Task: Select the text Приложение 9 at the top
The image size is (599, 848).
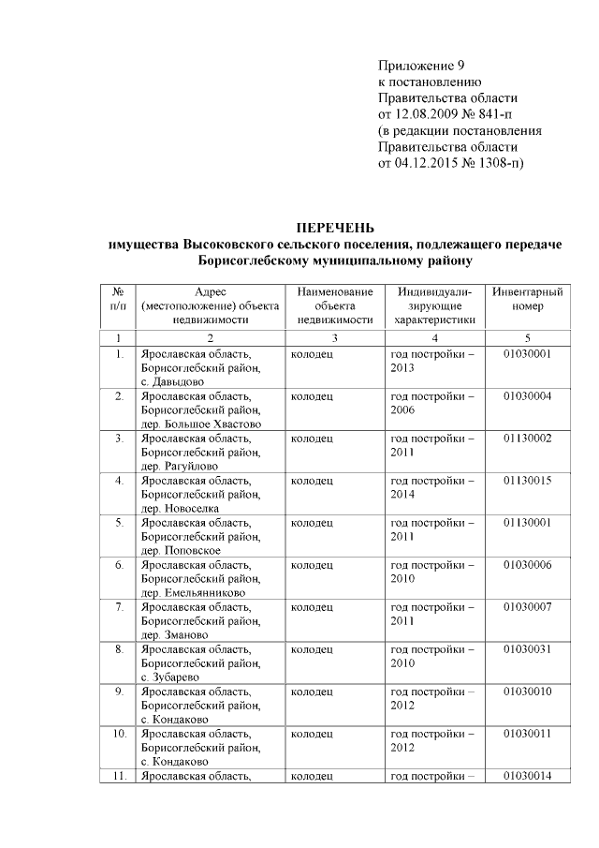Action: click(420, 65)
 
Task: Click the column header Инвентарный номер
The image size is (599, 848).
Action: click(527, 300)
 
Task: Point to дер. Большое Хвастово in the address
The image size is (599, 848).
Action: click(200, 424)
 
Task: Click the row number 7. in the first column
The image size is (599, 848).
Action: click(119, 607)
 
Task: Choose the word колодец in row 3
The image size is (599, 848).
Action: click(312, 439)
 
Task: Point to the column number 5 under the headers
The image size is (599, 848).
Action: click(527, 337)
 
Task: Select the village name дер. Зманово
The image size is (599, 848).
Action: click(180, 634)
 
